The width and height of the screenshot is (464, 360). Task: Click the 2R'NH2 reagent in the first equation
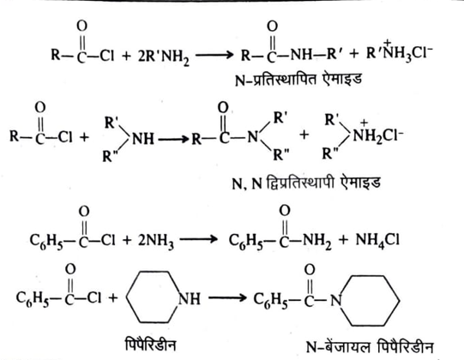click(x=163, y=57)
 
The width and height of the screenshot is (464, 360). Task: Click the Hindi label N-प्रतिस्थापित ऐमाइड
click(x=298, y=79)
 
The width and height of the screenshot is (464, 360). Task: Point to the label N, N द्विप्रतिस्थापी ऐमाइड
click(x=306, y=183)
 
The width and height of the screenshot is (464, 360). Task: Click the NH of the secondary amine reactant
click(x=143, y=139)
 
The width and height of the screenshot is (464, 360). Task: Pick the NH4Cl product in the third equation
click(x=377, y=241)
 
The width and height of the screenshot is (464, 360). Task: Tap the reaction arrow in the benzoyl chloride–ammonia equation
click(x=198, y=239)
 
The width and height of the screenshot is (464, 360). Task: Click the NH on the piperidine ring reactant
click(x=189, y=299)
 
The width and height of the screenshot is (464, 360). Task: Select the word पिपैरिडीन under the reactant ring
click(x=150, y=345)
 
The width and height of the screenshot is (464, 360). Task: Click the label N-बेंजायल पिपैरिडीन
click(x=370, y=346)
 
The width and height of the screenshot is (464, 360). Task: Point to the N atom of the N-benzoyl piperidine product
click(x=336, y=301)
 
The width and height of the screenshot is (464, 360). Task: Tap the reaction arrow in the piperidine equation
click(x=227, y=297)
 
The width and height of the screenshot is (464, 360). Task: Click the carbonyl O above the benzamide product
click(x=285, y=211)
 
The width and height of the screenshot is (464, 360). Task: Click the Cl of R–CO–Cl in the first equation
click(x=106, y=55)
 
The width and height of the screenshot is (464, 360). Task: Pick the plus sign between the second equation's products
click(x=304, y=135)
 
